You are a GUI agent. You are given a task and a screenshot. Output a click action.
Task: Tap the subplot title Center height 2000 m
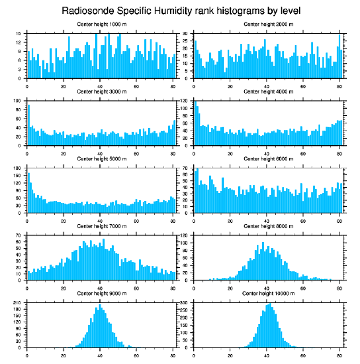coord(269,24)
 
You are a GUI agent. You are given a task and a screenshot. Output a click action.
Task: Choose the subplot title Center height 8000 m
coord(269,226)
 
